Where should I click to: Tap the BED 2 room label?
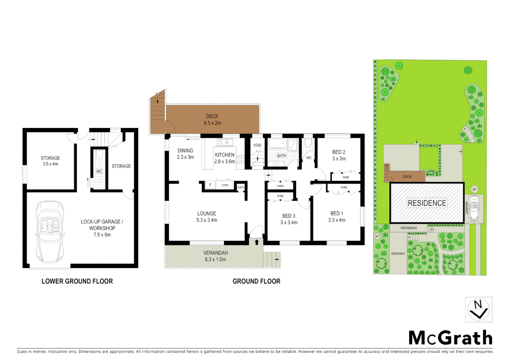pyautogui.click(x=339, y=152)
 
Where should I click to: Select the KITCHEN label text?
pyautogui.click(x=225, y=155)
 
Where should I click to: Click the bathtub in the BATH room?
pyautogui.click(x=277, y=144)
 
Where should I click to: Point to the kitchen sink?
pyautogui.click(x=225, y=142)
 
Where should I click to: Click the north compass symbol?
pyautogui.click(x=478, y=310)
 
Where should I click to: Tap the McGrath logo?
pyautogui.click(x=450, y=338)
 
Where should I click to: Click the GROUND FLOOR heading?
pyautogui.click(x=256, y=281)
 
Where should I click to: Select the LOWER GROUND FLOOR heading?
pyautogui.click(x=77, y=281)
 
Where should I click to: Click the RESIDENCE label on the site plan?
pyautogui.click(x=427, y=203)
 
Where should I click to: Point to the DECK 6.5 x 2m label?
pyautogui.click(x=213, y=120)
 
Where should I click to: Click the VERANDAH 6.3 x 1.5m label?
pyautogui.click(x=215, y=256)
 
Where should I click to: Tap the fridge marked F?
pyautogui.click(x=210, y=185)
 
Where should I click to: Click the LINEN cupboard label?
pyautogui.click(x=280, y=186)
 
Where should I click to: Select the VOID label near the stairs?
pyautogui.click(x=257, y=145)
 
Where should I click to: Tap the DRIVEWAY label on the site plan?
pyautogui.click(x=398, y=254)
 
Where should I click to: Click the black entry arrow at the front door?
pyautogui.click(x=256, y=242)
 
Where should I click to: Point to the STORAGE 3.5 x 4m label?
pyautogui.click(x=50, y=161)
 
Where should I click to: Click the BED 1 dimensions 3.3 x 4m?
pyautogui.click(x=337, y=220)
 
